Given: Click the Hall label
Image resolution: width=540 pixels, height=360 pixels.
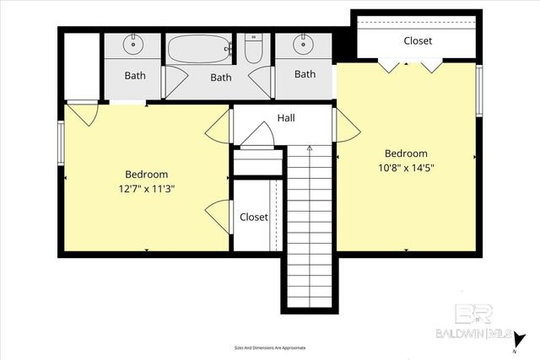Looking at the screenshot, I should click(286, 119).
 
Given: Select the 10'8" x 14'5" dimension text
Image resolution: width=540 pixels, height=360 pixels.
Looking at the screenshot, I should click(406, 167).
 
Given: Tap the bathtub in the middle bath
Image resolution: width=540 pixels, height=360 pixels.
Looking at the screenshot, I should click(199, 49).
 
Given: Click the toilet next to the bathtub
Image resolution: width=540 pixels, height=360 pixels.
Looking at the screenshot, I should click(252, 48).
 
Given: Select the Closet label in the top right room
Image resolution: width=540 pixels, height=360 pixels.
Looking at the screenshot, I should click(417, 40).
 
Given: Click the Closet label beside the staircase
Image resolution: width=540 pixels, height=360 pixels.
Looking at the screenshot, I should click(253, 217).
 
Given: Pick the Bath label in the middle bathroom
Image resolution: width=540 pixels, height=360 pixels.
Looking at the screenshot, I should click(220, 78).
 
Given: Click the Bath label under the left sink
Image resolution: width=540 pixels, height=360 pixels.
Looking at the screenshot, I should click(135, 75).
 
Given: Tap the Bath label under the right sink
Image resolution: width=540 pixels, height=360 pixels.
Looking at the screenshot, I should click(305, 74).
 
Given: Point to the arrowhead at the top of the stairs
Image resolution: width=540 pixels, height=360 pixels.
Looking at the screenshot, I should click(309, 149).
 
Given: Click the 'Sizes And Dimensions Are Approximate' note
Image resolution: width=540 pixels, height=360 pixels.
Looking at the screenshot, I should click(269, 347).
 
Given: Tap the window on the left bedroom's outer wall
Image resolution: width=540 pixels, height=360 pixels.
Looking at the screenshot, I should click(61, 144).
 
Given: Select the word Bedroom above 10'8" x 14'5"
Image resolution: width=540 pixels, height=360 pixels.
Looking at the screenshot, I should click(406, 153).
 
